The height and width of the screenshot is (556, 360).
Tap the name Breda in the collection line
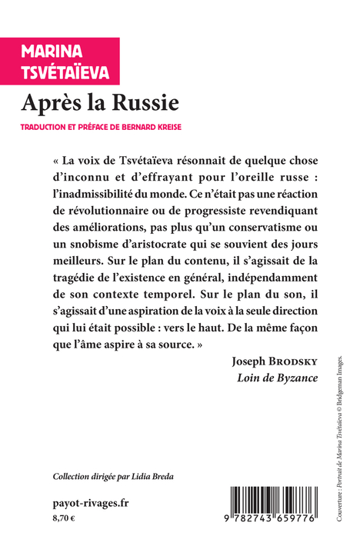point(160,476)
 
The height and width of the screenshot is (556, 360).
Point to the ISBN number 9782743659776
point(265,528)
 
